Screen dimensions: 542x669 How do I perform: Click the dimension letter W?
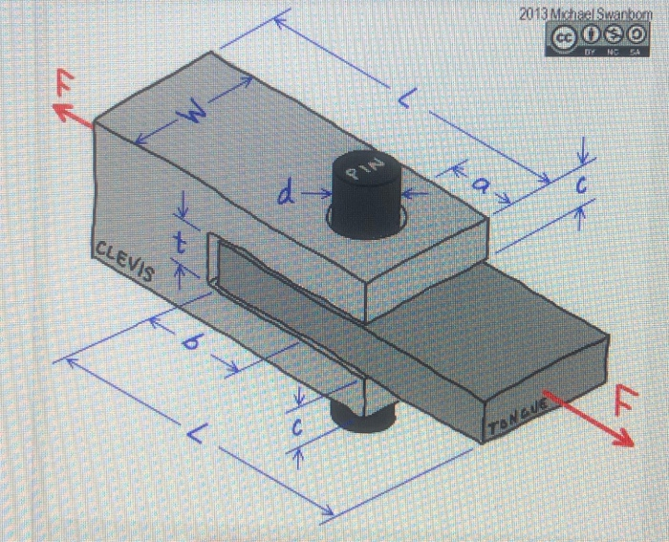[x=195, y=118]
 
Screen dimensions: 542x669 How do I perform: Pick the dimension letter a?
[x=484, y=187]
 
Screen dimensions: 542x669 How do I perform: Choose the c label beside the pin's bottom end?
[x=298, y=431]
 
